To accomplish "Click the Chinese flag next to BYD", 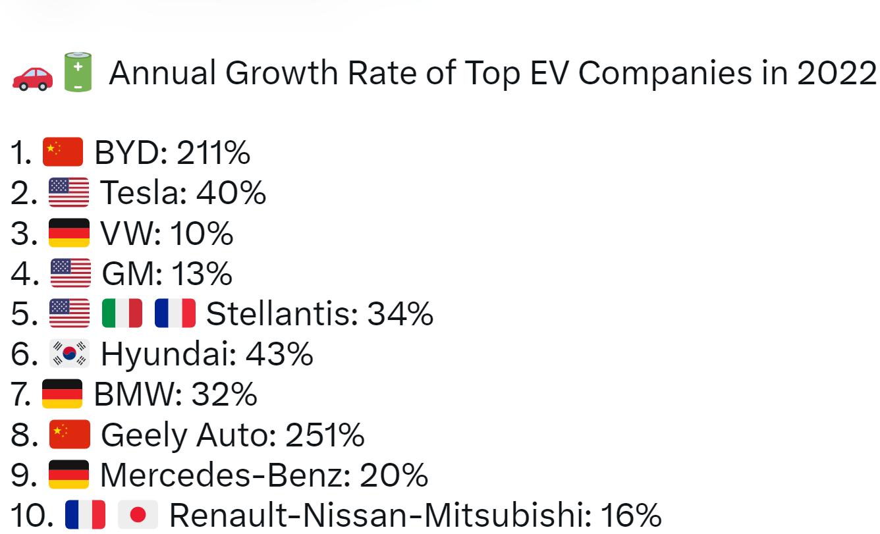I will [63, 153].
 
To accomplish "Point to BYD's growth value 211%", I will [213, 153].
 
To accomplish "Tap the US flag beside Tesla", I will [69, 193].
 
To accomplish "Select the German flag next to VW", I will [69, 233].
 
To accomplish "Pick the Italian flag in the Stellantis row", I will [123, 313].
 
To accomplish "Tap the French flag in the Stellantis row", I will [175, 313].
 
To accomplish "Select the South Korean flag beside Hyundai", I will [69, 354].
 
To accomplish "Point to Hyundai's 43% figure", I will [279, 354].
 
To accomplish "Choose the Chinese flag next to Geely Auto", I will [69, 435].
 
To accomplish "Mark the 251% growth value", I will [325, 435].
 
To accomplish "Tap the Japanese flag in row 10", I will [138, 515].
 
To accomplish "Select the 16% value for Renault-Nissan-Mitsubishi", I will [630, 515].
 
